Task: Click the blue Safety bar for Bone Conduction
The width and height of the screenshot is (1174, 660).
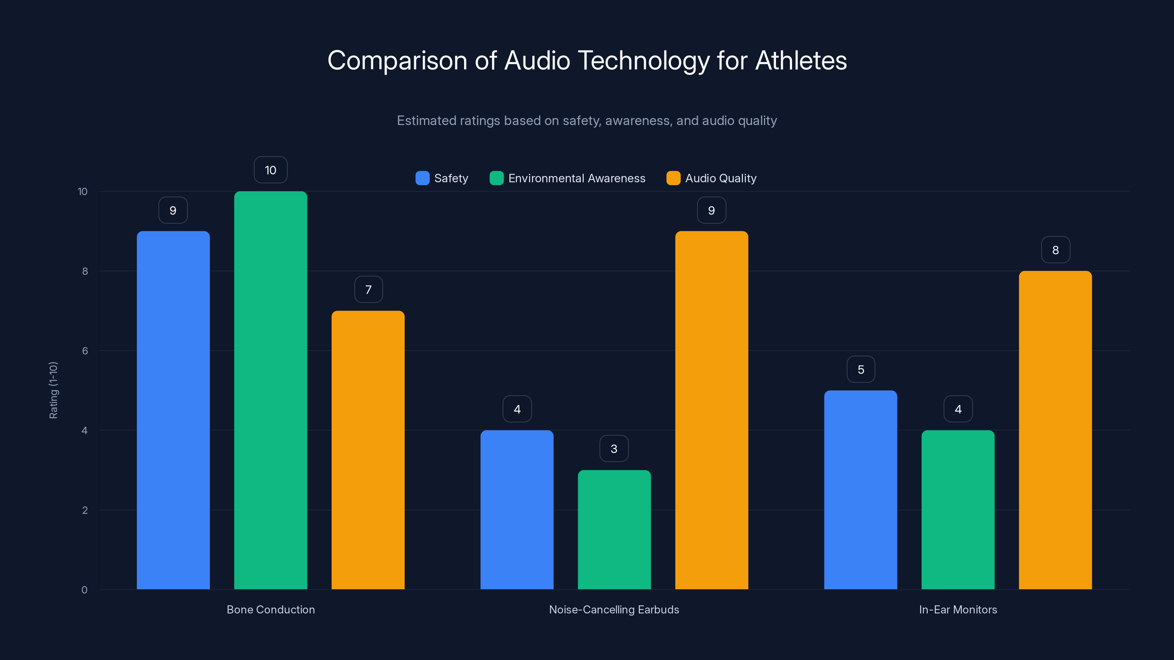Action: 173,410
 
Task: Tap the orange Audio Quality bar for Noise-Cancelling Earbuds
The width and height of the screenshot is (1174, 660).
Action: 711,410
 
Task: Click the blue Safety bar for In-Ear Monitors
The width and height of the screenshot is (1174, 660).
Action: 860,489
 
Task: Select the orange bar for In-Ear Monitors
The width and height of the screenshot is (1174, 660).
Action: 1055,430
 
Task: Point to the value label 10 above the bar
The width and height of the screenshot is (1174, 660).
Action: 270,170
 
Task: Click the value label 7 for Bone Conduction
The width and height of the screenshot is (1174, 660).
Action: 368,290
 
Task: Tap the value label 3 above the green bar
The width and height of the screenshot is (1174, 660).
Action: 614,449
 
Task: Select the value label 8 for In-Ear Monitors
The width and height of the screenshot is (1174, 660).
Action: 1055,250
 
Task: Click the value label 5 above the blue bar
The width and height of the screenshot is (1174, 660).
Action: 860,369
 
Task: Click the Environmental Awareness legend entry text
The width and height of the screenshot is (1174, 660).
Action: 576,178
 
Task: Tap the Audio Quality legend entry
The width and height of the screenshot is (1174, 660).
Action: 720,178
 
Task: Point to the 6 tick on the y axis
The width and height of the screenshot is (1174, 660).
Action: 85,351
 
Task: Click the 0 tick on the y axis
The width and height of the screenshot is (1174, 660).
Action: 84,590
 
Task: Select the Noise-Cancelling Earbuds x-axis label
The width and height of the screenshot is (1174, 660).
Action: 614,609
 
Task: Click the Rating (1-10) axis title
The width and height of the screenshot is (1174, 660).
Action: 53,390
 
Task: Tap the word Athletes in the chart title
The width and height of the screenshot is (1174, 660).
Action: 801,60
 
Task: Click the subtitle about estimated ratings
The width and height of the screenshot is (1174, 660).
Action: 587,120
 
